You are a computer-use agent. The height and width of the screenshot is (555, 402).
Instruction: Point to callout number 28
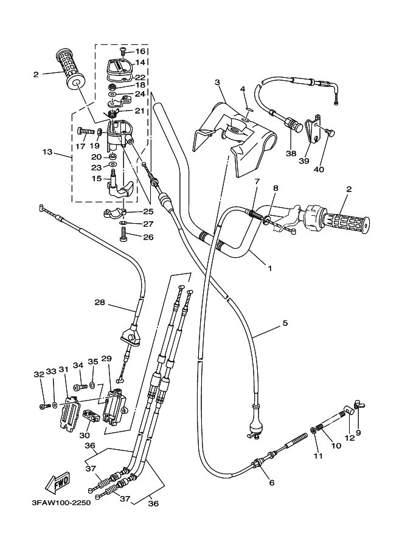tap(100, 302)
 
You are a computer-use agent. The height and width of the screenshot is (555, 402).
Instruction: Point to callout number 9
tap(358, 433)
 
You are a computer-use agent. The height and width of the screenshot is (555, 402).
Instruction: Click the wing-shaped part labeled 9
tap(358, 414)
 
